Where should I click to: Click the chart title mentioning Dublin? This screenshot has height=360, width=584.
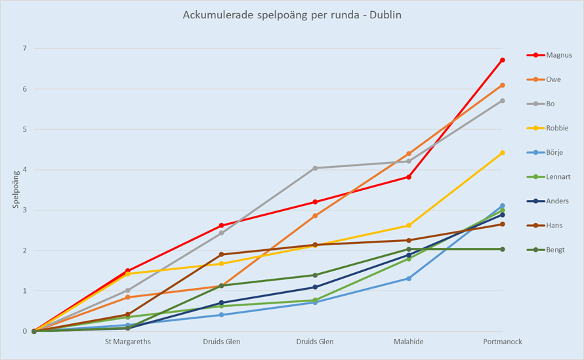click(291, 14)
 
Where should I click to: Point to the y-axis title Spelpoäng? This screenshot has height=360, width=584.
click(15, 190)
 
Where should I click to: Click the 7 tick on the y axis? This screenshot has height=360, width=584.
click(24, 49)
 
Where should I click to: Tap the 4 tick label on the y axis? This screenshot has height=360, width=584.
click(24, 170)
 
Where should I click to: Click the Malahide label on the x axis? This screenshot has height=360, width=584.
click(409, 342)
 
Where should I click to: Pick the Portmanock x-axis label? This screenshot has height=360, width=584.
click(503, 342)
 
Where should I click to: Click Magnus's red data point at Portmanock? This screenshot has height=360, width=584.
click(503, 60)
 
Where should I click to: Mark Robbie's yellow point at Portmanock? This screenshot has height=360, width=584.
click(503, 153)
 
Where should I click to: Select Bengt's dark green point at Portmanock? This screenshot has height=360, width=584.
click(503, 249)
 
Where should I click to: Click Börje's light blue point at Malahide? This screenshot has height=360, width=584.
click(409, 279)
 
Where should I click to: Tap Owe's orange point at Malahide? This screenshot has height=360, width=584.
click(409, 153)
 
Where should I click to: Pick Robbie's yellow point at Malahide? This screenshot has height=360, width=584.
click(409, 226)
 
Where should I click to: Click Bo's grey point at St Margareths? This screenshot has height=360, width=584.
click(127, 290)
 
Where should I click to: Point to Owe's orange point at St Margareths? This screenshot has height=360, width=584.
click(127, 297)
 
